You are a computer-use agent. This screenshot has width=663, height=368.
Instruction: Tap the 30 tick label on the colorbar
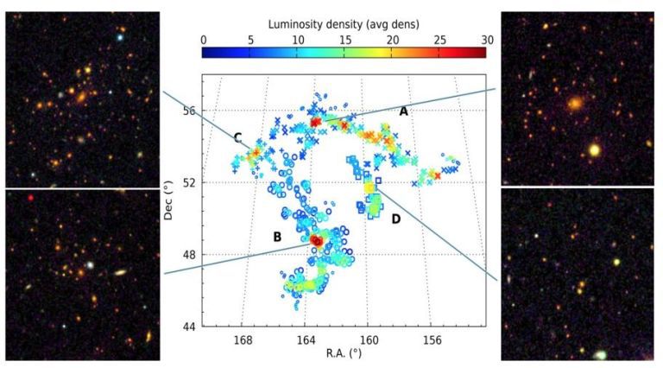487,39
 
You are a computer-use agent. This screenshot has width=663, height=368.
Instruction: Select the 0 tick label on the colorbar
203,39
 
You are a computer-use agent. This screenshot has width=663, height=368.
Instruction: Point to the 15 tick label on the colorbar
344,39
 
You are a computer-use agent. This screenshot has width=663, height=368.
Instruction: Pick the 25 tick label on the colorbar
439,39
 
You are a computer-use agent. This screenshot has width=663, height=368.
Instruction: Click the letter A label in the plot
402,111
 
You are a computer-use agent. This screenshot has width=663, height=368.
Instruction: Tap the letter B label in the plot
277,237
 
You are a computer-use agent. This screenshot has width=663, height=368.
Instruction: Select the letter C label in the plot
237,137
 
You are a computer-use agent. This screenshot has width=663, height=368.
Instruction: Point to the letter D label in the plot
395,219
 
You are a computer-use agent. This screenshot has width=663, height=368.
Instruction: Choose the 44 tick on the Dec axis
191,326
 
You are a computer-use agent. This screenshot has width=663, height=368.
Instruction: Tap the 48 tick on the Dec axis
191,254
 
